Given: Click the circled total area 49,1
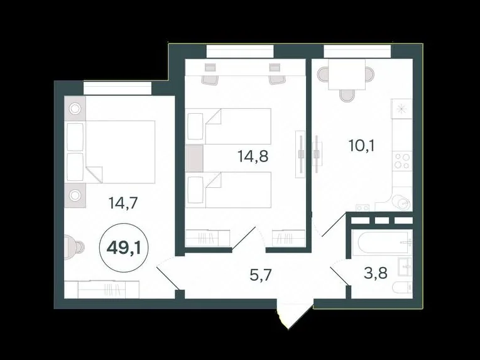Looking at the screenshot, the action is tap(124, 248).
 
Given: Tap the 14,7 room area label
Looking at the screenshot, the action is tap(123, 203).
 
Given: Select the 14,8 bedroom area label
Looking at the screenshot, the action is tap(253, 156).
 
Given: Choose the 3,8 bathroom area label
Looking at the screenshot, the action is tap(376, 273).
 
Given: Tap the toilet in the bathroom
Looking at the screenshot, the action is tap(403, 288).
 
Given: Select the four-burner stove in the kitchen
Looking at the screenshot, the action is tap(402, 161).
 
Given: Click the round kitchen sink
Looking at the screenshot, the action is tap(401, 202).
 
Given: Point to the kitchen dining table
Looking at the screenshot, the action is tap(347, 74).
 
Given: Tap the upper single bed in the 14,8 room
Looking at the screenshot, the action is tap(228, 126).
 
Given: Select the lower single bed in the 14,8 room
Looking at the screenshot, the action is tap(228, 190).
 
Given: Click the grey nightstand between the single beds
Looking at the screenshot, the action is tap(194, 158).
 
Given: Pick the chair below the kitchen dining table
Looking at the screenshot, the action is tap(347, 95).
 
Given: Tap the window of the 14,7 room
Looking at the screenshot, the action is tap(117, 88).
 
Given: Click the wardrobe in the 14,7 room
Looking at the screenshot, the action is tap(102, 289).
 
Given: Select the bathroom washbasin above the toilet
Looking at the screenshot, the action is tap(405, 268).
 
